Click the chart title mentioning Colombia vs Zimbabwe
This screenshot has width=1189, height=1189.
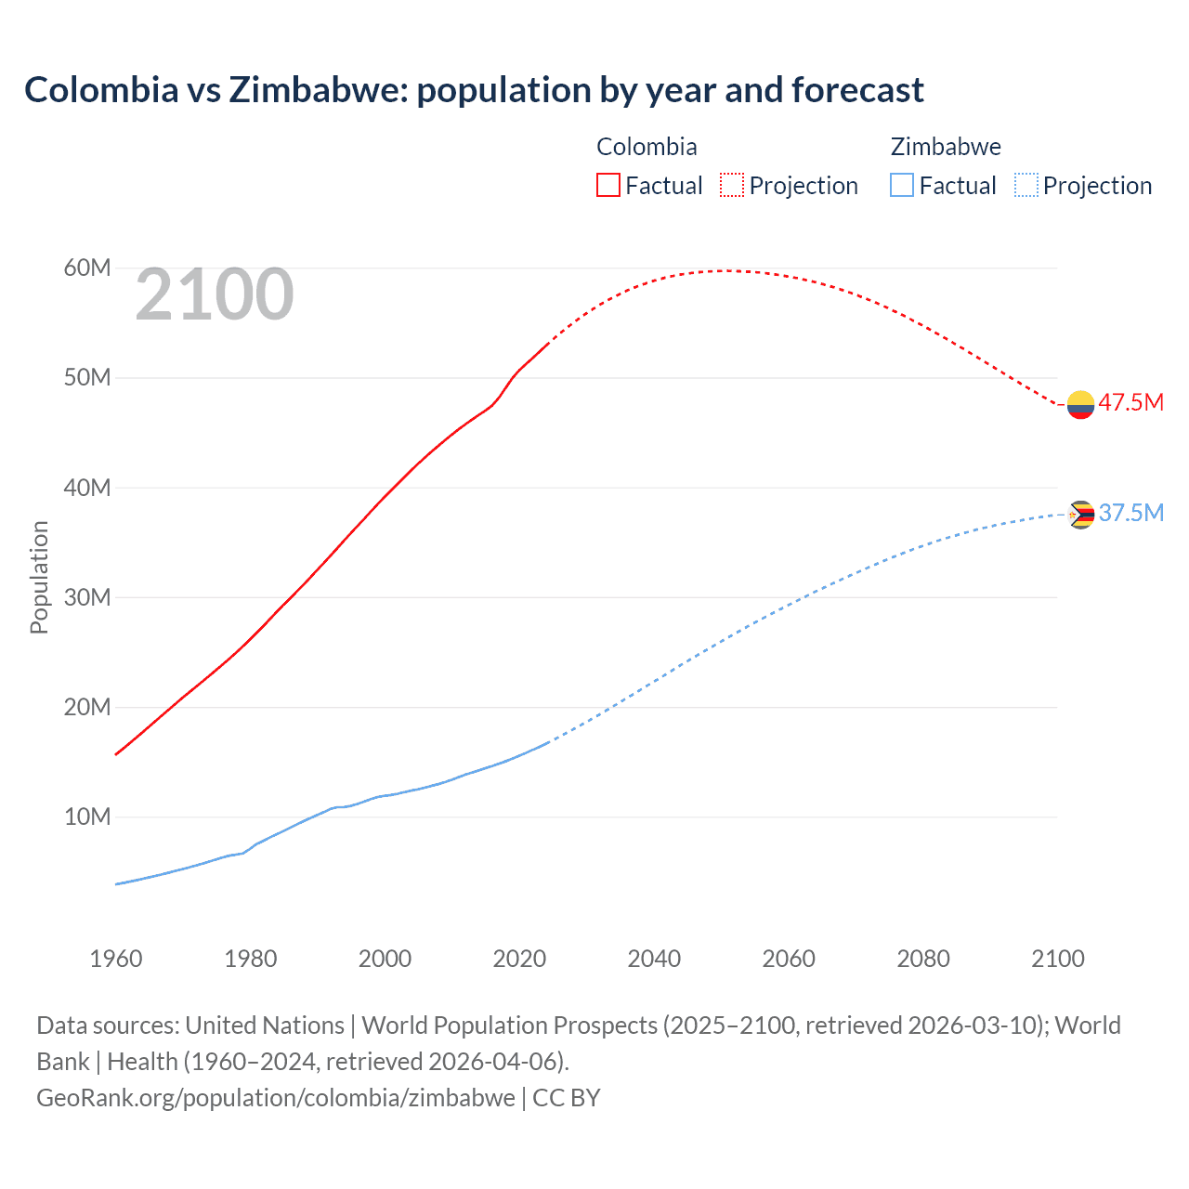coord(474,90)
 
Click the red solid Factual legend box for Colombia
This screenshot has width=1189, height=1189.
coord(608,185)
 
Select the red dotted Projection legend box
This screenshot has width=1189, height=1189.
coord(732,185)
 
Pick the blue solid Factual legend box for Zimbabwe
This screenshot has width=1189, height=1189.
coord(902,185)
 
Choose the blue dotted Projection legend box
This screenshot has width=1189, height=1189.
coord(1026,185)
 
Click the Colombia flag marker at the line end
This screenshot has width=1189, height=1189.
coord(1080,405)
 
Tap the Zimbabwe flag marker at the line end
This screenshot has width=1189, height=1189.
coord(1080,515)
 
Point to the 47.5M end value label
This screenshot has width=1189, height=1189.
coord(1130,402)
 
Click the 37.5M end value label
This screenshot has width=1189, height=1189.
coord(1130,513)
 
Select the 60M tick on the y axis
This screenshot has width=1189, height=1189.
coord(87,268)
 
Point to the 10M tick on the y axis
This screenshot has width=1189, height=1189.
coord(87,817)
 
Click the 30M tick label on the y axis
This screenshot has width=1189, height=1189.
coord(87,597)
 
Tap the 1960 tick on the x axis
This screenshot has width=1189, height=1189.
coord(116,959)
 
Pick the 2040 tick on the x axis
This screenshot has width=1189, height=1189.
coord(654,959)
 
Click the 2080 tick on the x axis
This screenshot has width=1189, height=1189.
coord(923,959)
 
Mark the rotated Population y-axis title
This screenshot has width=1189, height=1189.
coord(39,577)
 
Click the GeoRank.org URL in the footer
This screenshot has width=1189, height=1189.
coord(276,1098)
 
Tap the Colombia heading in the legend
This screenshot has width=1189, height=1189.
coord(647,147)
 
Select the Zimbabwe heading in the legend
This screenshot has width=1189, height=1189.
coord(946,147)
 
